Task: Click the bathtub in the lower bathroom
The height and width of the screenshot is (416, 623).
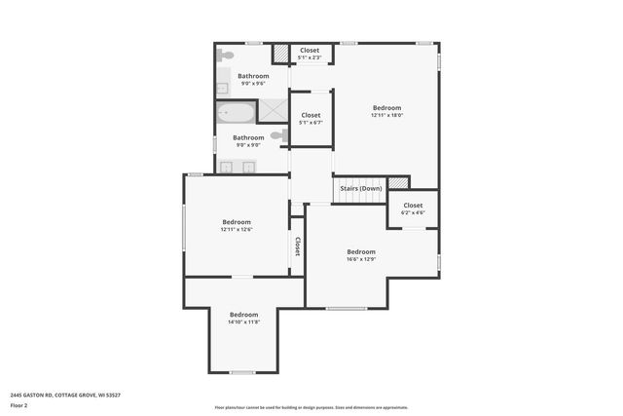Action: (237, 114)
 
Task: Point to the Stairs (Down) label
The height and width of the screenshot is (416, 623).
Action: (361, 188)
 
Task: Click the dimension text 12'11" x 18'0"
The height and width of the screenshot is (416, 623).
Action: (386, 116)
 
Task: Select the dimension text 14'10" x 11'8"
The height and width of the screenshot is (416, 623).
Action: (243, 322)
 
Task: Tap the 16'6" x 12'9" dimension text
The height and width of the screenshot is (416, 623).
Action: (361, 259)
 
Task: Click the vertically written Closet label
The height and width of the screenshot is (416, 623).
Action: (297, 246)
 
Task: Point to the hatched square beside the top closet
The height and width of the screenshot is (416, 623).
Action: (280, 53)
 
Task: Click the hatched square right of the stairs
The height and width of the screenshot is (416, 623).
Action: (397, 183)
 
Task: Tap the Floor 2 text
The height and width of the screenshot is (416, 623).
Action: (18, 404)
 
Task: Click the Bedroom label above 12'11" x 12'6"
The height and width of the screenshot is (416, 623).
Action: (237, 221)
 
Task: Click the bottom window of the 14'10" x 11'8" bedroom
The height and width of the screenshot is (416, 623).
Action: (242, 372)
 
